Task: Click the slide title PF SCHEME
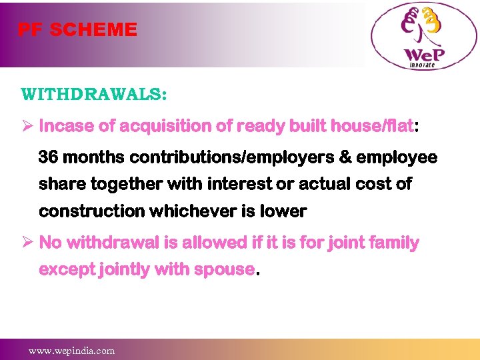77,30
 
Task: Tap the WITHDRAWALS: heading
94,94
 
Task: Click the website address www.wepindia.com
71,350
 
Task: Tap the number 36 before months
48,157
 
